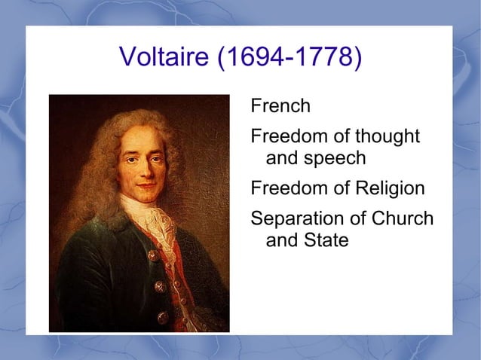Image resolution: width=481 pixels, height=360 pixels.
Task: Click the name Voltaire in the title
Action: coord(164,57)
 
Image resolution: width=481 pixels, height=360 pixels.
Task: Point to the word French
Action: coord(280,106)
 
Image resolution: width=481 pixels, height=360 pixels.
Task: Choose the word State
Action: coord(328,241)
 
